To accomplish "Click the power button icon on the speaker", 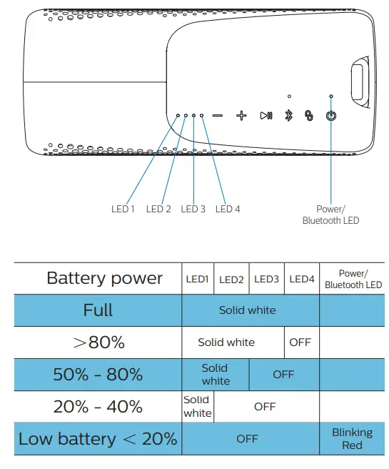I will [x=330, y=116].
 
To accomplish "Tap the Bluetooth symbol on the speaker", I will [x=289, y=116].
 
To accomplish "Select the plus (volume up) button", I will [x=241, y=115].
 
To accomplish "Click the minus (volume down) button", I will [x=217, y=115].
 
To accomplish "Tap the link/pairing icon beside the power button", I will [x=309, y=116].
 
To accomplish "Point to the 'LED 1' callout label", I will [x=123, y=209].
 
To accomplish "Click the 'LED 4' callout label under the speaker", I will [x=228, y=209].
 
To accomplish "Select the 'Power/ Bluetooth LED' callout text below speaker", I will [x=330, y=214].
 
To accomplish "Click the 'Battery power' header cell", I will [x=104, y=278].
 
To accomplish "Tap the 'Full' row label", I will [x=98, y=310].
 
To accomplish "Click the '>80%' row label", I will [x=98, y=342].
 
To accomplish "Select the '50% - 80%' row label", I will [x=98, y=375].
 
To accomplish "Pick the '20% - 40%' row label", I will [x=98, y=407].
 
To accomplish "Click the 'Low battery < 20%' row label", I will [x=98, y=439].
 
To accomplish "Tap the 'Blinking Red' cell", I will [x=352, y=439].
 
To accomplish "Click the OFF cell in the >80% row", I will [x=300, y=342].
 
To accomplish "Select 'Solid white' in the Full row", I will [x=247, y=310].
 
